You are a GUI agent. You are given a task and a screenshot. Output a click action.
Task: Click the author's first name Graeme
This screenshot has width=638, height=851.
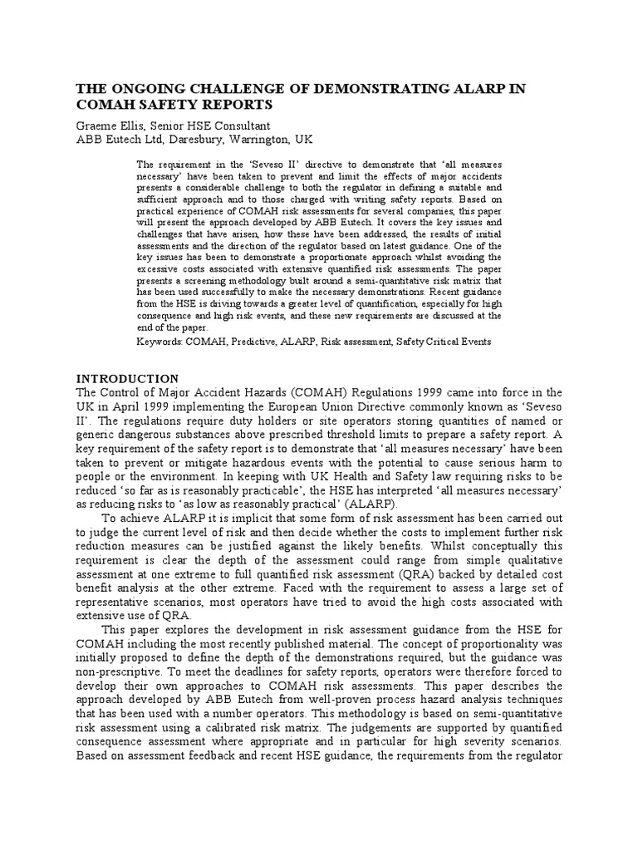pos(98,125)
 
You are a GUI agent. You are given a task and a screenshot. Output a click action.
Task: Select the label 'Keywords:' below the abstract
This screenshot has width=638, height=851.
pos(162,342)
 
